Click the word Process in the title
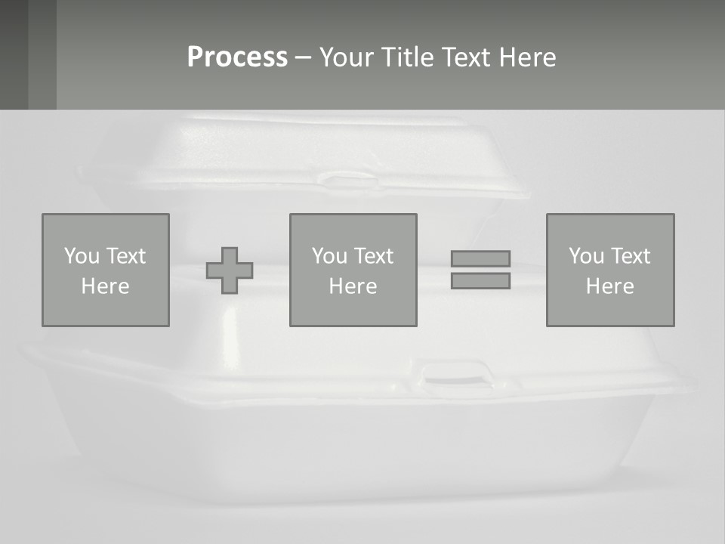click(237, 57)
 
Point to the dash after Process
click(303, 59)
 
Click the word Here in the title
click(527, 57)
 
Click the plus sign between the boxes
click(230, 270)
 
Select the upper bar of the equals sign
click(480, 258)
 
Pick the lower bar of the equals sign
click(480, 281)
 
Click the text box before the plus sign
click(106, 270)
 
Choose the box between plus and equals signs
click(353, 270)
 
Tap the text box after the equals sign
click(610, 270)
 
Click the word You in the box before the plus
click(82, 256)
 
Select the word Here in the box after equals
click(610, 286)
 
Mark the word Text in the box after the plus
click(372, 256)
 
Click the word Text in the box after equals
click(630, 256)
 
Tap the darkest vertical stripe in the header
click(14, 54)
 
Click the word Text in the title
click(466, 57)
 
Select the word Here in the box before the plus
click(106, 286)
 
